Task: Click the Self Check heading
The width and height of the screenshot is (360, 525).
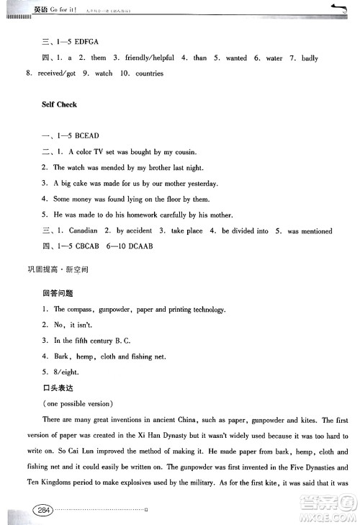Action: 59,104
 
